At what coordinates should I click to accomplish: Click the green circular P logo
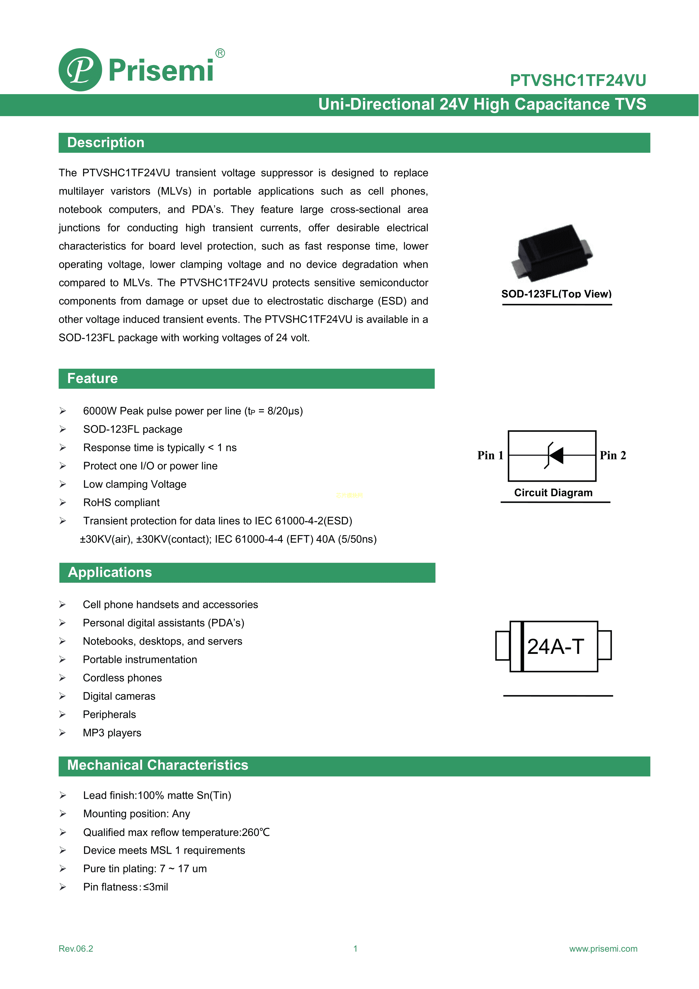(x=80, y=70)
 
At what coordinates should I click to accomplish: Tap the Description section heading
(x=106, y=143)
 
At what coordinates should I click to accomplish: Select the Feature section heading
(x=92, y=379)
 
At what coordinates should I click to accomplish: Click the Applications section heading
(x=110, y=572)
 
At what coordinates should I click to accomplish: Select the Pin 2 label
(x=613, y=455)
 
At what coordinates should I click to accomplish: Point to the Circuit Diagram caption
(x=553, y=493)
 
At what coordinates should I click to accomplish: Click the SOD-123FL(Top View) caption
(x=556, y=294)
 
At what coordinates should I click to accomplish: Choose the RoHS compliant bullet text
(x=121, y=503)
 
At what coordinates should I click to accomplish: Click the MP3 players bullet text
(x=112, y=733)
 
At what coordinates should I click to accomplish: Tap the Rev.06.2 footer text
(x=76, y=948)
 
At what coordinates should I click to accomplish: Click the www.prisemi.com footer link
(x=603, y=948)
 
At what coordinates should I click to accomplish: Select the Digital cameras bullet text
(x=119, y=696)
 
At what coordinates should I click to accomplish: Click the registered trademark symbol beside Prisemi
(x=220, y=54)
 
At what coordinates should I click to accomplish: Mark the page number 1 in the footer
(x=355, y=948)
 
